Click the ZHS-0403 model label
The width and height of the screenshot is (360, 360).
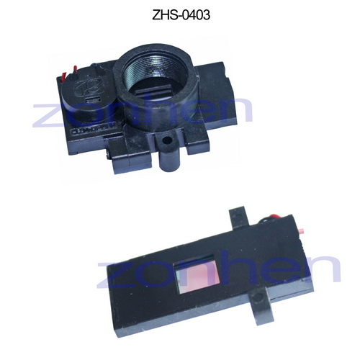(180, 14)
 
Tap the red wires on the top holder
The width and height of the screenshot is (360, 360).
(66, 74)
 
